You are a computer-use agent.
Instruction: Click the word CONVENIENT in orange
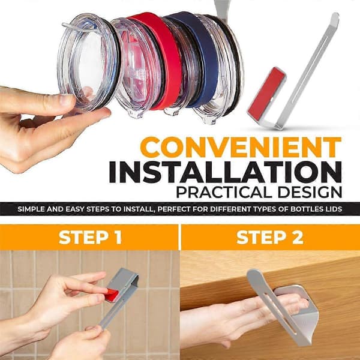coord(241,147)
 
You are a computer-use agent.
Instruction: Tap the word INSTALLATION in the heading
coord(225,172)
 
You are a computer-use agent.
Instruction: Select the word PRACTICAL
coord(224,192)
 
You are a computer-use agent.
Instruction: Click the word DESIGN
coord(310,192)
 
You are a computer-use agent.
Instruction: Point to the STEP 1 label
coord(90,237)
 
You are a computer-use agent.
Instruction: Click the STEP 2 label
coord(270,237)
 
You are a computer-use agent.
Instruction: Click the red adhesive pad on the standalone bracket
coord(266,94)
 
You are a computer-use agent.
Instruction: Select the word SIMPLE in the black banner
coord(31,209)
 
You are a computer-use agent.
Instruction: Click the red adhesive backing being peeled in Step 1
coord(112,295)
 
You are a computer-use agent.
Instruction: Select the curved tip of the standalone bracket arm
coord(335,19)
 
